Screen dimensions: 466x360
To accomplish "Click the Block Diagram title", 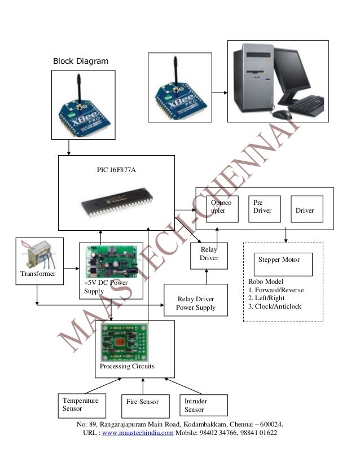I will tap(80, 60).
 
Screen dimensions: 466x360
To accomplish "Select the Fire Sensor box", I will tap(142, 403).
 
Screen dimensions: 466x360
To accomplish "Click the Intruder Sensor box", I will tap(203, 405).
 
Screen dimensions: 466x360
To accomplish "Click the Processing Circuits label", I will tap(126, 367).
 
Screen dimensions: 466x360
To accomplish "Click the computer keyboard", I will tap(305, 105).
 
